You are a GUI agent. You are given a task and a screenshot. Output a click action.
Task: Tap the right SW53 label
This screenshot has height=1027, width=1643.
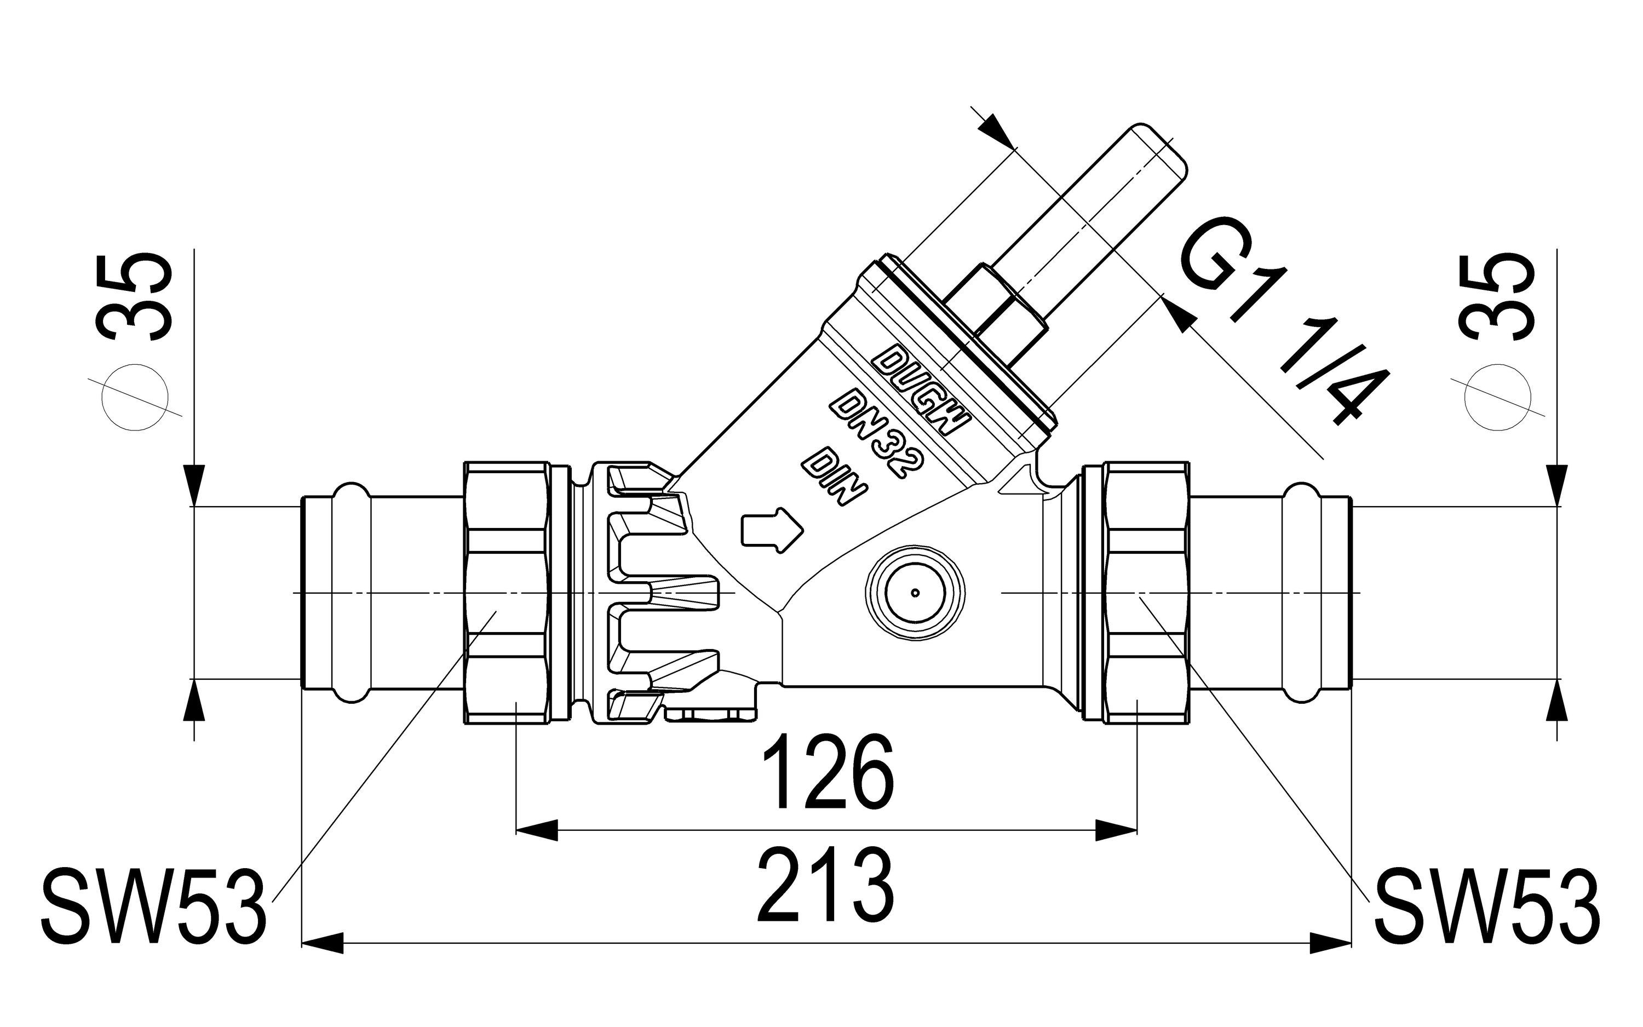[1487, 905]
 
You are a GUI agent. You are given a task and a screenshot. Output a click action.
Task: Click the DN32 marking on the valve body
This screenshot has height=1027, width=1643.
[876, 433]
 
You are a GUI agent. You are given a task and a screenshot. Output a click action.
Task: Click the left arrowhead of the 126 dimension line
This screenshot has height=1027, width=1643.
[536, 830]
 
